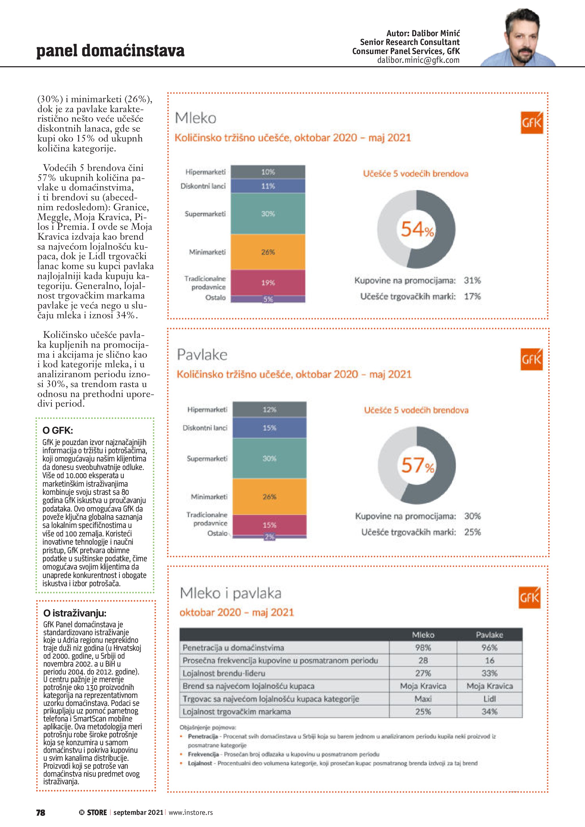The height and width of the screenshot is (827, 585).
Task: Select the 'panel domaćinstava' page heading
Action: (110, 50)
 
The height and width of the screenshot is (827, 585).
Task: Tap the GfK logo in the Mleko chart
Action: (531, 123)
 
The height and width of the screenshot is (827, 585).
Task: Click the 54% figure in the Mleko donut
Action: (417, 229)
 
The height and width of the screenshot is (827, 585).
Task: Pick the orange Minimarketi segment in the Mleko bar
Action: (268, 252)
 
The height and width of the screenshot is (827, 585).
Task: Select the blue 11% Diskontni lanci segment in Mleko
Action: (268, 186)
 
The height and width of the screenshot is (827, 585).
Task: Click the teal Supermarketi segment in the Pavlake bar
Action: (269, 458)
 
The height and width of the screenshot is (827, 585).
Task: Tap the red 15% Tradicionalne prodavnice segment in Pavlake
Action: (269, 525)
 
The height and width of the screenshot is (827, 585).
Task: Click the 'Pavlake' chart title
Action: (202, 355)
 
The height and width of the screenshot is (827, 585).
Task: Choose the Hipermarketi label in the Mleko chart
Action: (205, 172)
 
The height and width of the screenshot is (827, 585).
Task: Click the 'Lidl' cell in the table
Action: (489, 699)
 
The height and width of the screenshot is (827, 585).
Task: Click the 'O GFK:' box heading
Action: (58, 430)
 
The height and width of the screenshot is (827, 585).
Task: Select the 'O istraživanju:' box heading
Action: (74, 613)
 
